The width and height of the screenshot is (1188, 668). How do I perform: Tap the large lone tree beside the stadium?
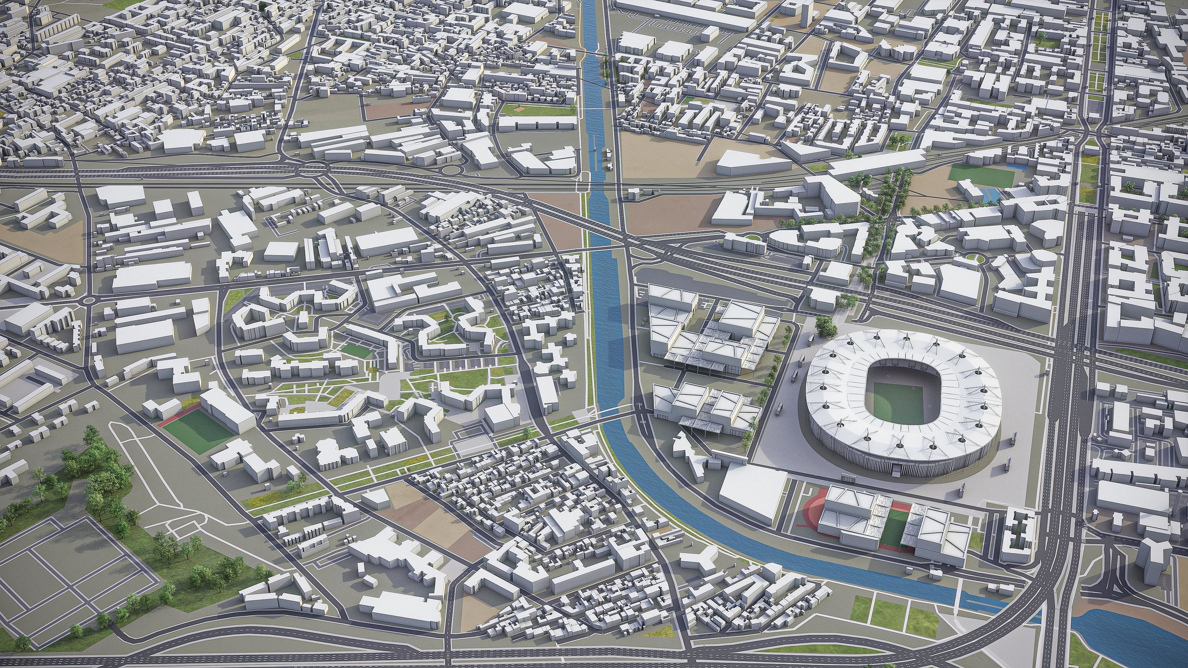(x=825, y=326)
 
